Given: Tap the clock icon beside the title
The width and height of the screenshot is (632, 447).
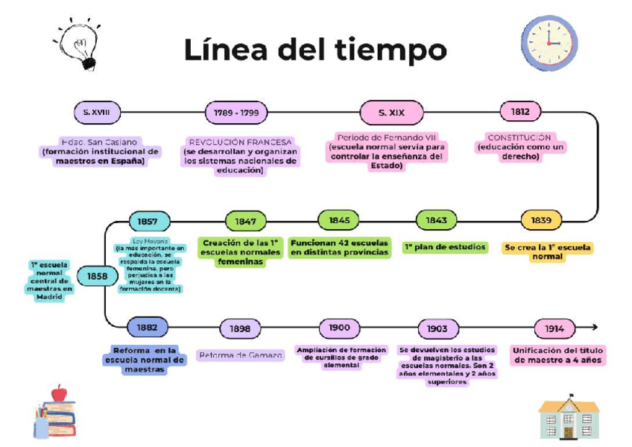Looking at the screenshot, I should pos(549,43).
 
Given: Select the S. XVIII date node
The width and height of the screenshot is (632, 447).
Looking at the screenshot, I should pos(97,113).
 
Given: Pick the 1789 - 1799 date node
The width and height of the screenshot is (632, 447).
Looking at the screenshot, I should pos(236,113).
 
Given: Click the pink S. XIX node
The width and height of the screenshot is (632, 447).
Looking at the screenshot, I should pos(391,113).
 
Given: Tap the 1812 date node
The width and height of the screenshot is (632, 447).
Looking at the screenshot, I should pos(520,112).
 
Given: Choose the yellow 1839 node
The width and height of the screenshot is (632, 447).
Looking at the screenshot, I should pos(541,220).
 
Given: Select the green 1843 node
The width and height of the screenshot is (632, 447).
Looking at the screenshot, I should pos(437,220).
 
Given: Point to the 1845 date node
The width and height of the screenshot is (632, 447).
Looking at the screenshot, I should pos(339,220).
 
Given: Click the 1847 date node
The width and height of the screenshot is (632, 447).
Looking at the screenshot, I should pos(245,222).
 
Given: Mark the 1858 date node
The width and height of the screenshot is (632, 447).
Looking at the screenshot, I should pos(97,276).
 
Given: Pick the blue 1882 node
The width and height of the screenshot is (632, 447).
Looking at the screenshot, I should pos(147,327).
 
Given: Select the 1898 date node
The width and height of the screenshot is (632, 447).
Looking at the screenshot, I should pos(240,328).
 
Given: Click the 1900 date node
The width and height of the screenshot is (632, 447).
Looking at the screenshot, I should pos(339,328).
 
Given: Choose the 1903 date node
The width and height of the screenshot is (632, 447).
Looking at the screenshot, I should pos(437,328).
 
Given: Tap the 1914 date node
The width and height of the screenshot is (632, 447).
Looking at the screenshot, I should pos(554,328).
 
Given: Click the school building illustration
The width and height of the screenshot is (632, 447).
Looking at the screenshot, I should pos(569,416).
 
